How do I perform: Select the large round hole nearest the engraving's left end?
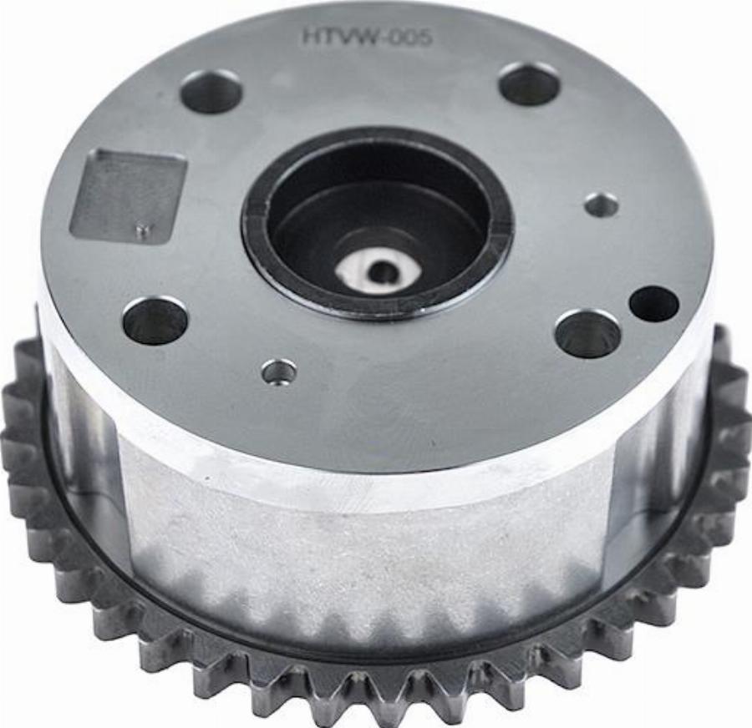tap(210, 93)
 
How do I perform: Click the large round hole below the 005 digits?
tap(530, 83)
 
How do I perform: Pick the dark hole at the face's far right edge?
tap(654, 305)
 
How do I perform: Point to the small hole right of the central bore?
tap(602, 206)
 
